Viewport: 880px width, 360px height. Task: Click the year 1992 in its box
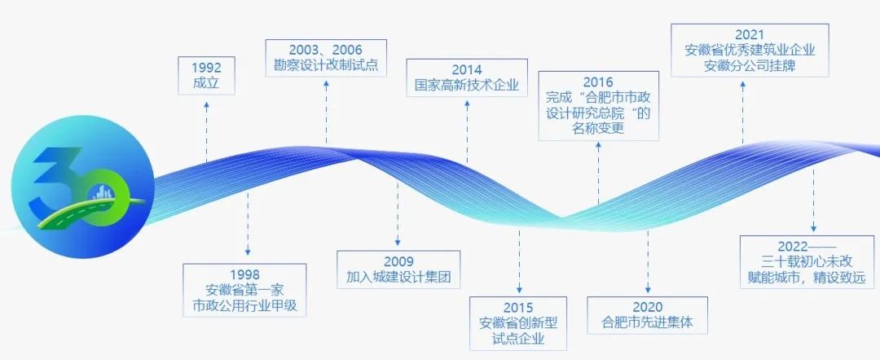(x=206, y=68)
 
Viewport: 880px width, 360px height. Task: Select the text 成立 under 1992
(x=206, y=84)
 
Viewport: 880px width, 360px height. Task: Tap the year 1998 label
(x=244, y=274)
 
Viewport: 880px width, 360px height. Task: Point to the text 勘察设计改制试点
(x=326, y=66)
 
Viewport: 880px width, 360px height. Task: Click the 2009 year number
(x=398, y=262)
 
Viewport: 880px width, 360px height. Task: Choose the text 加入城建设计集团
(x=398, y=278)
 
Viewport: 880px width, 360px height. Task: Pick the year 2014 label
(x=467, y=70)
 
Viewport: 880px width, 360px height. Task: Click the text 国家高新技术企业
(x=467, y=86)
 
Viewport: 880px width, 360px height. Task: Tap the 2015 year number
(x=518, y=308)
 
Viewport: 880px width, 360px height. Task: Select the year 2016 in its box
(x=598, y=83)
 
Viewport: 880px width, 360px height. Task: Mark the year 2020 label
(x=648, y=307)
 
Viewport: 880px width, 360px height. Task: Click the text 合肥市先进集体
(x=648, y=323)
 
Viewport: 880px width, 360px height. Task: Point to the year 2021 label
(x=750, y=35)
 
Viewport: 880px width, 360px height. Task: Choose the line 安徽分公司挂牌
(x=750, y=66)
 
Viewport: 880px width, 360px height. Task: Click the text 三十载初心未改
(x=807, y=262)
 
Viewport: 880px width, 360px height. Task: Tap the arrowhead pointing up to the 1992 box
(x=206, y=105)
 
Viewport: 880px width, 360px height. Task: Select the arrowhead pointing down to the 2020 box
(x=648, y=289)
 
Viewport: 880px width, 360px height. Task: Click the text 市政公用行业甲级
(x=244, y=306)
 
